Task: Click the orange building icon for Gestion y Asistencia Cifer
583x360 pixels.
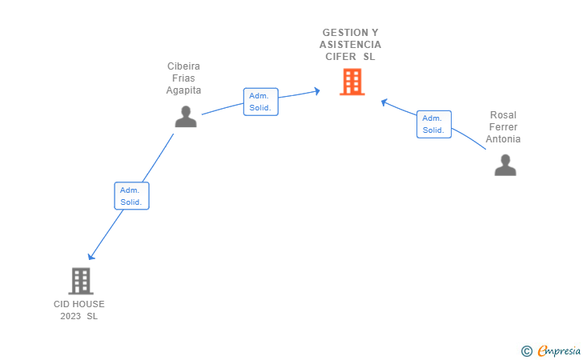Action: click(x=352, y=82)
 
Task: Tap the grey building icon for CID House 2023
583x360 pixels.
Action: click(x=81, y=281)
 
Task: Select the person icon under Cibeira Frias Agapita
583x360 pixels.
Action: click(x=186, y=117)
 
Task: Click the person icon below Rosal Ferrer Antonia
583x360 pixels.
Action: click(x=505, y=165)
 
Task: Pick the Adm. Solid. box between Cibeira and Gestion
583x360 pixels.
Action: click(x=260, y=102)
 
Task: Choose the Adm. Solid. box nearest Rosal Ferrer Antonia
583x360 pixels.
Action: click(x=434, y=124)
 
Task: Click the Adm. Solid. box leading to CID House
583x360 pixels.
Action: click(x=131, y=196)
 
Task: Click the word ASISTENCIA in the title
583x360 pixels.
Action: click(x=351, y=45)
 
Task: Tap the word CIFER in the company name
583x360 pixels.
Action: click(x=341, y=57)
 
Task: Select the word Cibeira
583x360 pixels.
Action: click(x=183, y=66)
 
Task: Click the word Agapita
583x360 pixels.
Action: click(x=183, y=90)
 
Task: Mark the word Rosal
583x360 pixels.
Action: click(x=504, y=115)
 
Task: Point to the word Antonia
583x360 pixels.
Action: click(x=503, y=139)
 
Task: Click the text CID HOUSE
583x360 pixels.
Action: click(x=79, y=304)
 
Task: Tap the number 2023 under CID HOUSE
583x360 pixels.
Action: click(x=71, y=316)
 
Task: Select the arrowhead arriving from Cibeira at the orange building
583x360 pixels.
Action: click(x=317, y=91)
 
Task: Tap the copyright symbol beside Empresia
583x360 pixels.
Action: click(x=526, y=350)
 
